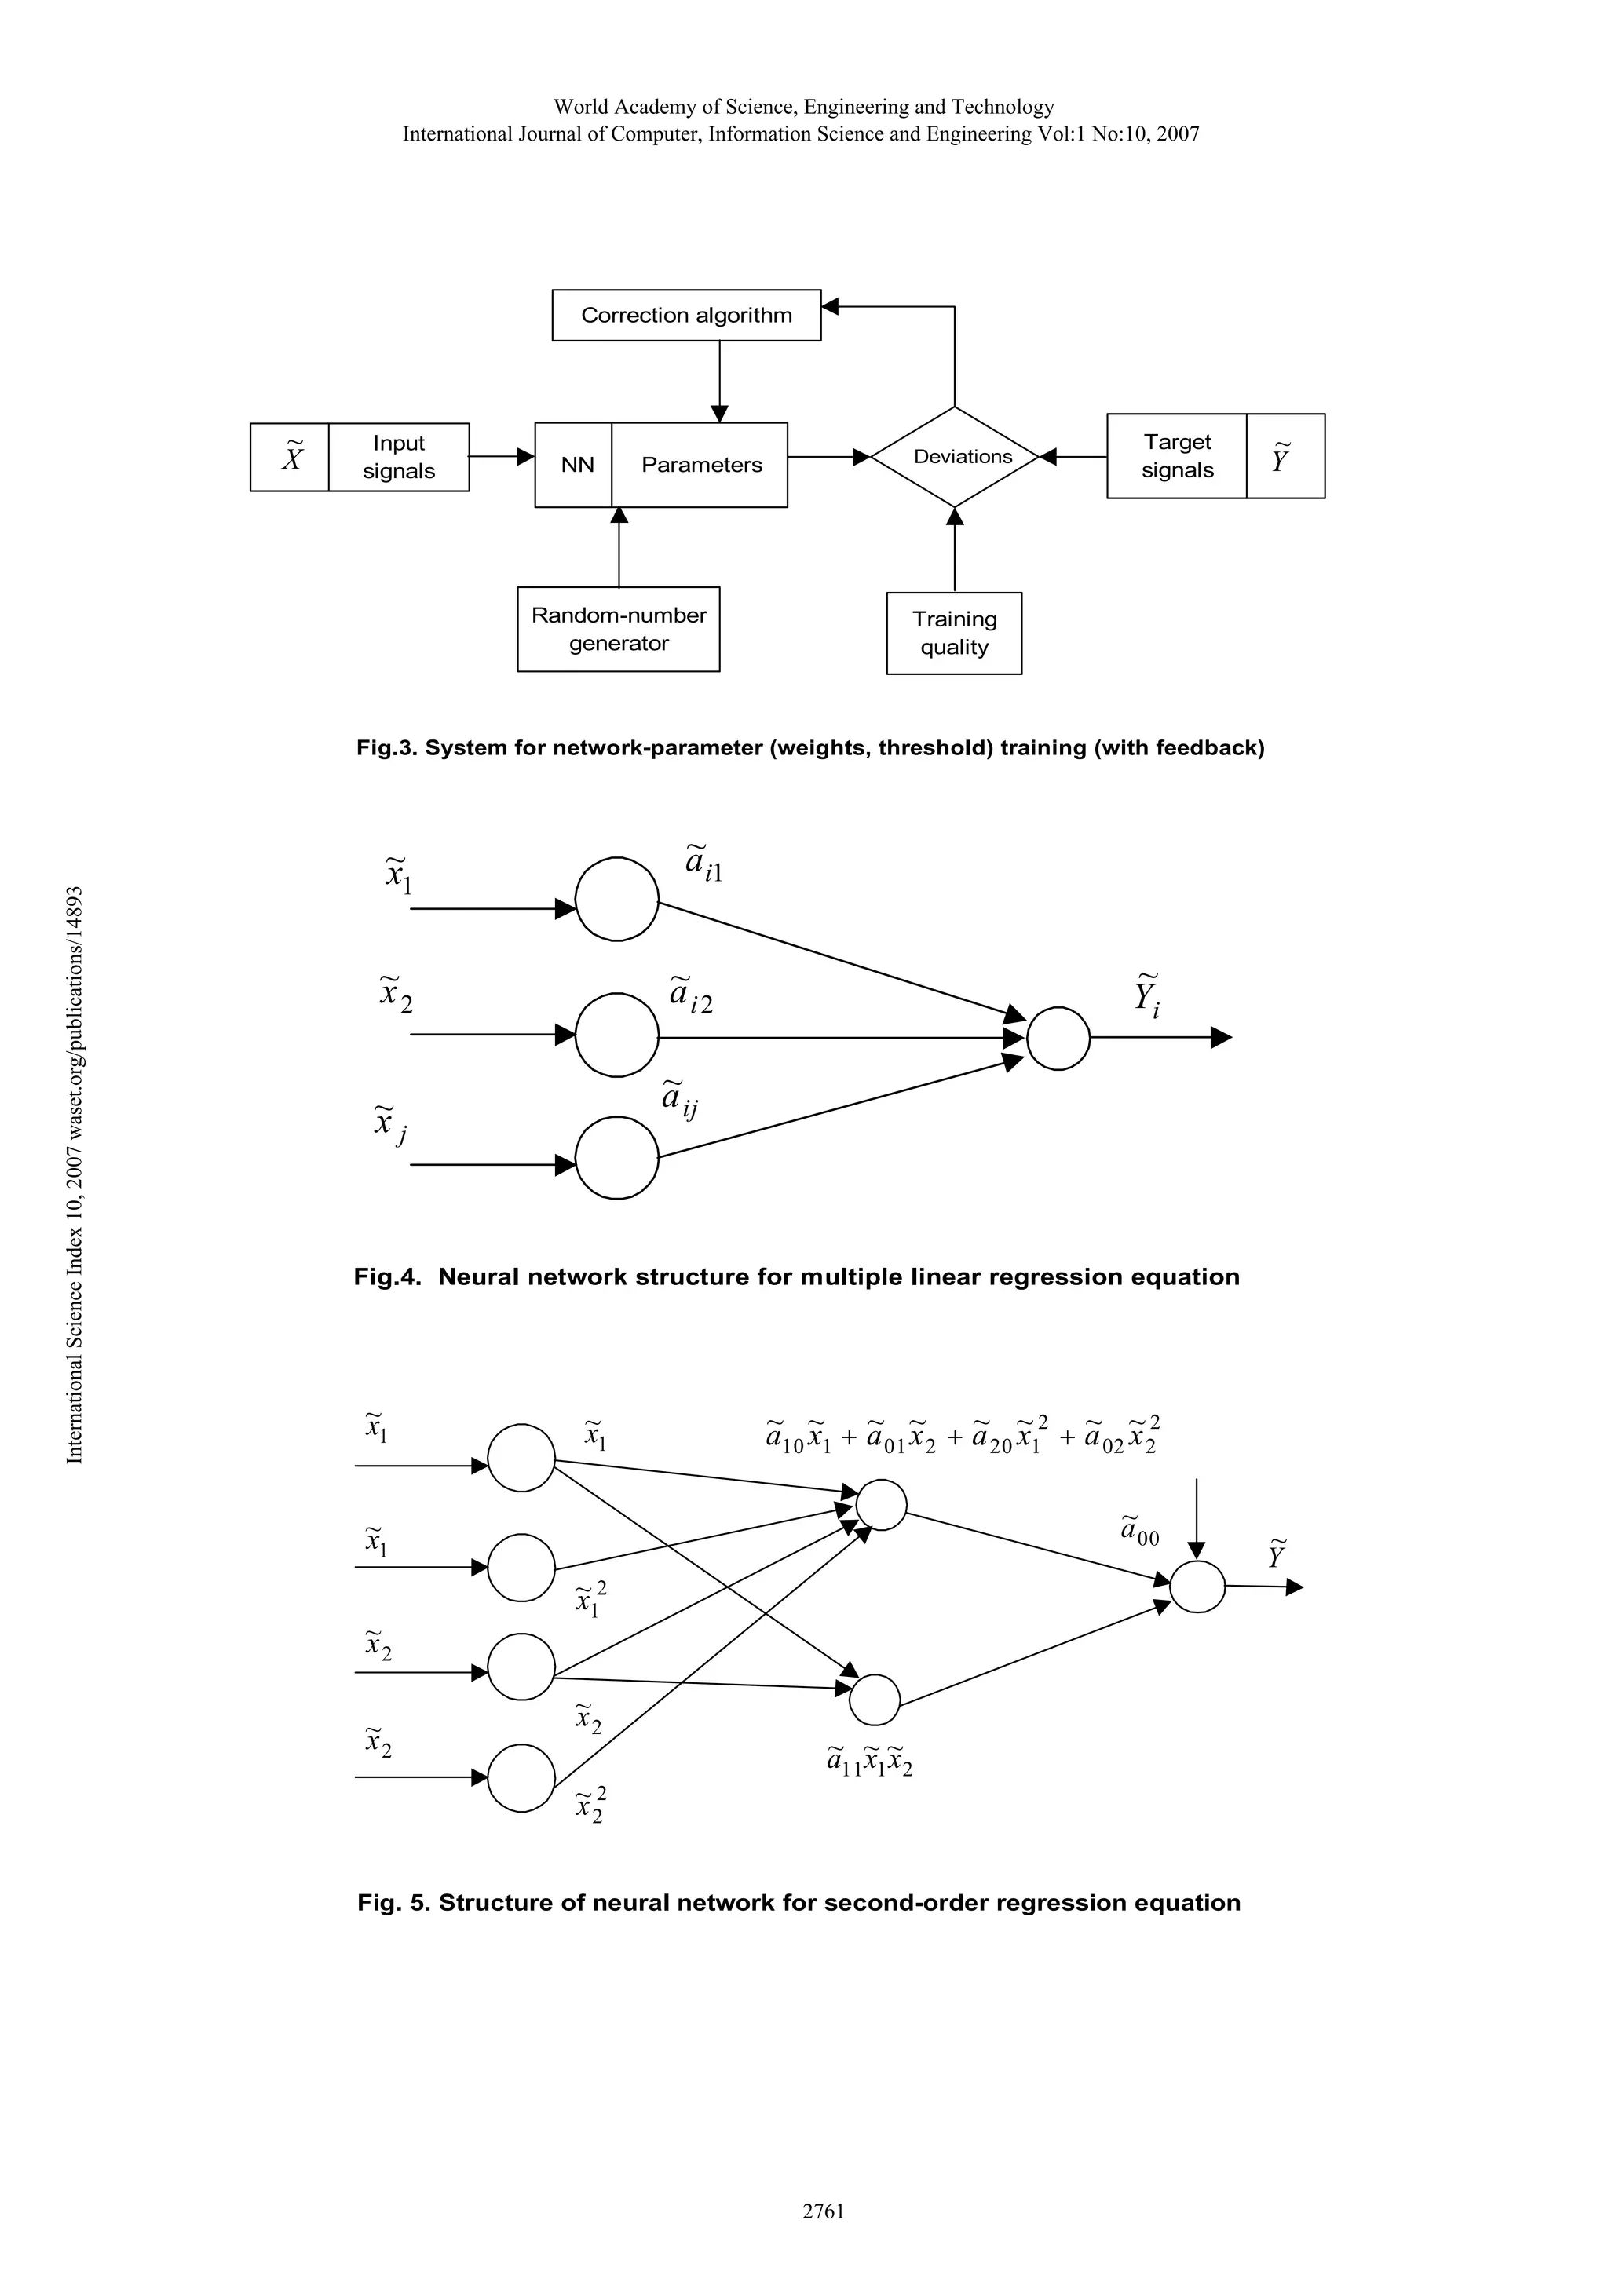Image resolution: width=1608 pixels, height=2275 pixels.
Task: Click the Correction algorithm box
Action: click(x=685, y=315)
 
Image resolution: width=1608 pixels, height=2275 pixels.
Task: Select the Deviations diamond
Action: click(x=954, y=457)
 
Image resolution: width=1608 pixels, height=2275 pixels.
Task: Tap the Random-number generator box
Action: click(x=618, y=629)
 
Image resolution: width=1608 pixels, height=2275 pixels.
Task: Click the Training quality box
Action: click(x=954, y=634)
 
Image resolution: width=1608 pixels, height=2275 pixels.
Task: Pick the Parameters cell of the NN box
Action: click(x=700, y=465)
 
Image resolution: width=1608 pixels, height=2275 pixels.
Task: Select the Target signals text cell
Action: click(x=1176, y=456)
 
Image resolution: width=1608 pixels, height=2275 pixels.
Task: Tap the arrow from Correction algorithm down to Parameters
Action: click(x=720, y=382)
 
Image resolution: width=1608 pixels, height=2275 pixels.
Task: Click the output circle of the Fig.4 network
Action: click(x=1058, y=1039)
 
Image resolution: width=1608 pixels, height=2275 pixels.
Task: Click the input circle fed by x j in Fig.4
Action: click(x=616, y=1157)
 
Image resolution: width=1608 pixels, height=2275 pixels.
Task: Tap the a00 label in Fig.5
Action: click(x=1139, y=1531)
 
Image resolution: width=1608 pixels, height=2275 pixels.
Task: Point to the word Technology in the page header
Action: click(x=1002, y=107)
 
